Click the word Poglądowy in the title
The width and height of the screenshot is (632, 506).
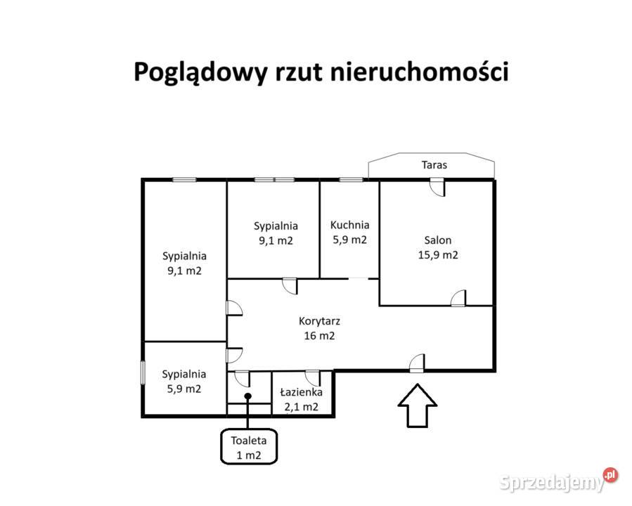(x=200, y=72)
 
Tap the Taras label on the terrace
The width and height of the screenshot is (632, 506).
(x=434, y=164)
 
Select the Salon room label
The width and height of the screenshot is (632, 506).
(x=438, y=240)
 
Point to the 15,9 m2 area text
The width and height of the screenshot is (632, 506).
(x=438, y=254)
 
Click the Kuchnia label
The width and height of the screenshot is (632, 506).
(x=349, y=225)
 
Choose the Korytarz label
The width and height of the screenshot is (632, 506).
(x=319, y=321)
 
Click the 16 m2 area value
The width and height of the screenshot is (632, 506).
(x=319, y=336)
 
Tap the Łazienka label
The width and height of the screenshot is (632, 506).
(x=301, y=391)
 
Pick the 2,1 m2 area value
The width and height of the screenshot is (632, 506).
(x=301, y=407)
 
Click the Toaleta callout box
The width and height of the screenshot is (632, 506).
(x=249, y=446)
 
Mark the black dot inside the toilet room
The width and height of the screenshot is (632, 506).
(x=248, y=396)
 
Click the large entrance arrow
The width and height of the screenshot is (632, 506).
(x=417, y=405)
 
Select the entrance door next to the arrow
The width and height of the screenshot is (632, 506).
(x=417, y=363)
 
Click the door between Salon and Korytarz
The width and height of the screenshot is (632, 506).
(x=458, y=298)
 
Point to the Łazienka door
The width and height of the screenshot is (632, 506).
(x=313, y=379)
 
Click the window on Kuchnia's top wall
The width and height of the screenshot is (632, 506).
(x=351, y=180)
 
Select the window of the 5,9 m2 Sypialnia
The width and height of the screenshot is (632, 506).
(x=143, y=372)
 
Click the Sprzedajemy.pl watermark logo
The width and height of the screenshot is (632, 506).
(x=559, y=480)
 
